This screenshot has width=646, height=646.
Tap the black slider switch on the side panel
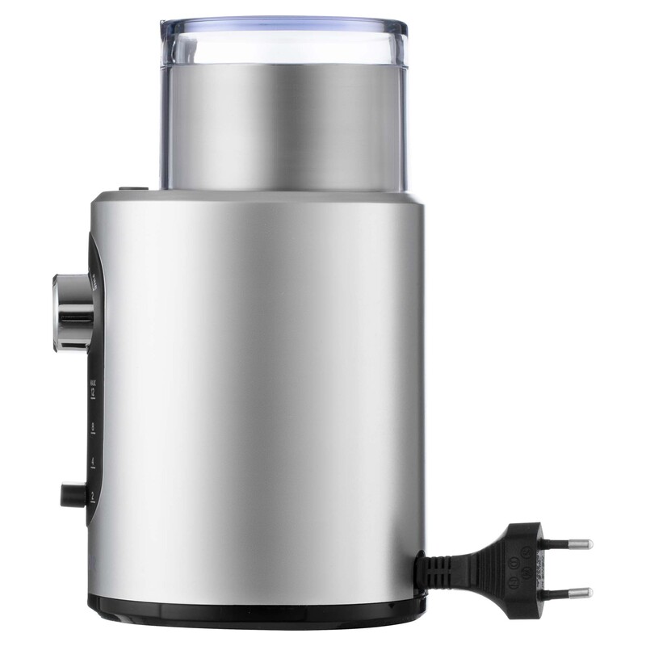70,493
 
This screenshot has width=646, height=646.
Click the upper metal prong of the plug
575,544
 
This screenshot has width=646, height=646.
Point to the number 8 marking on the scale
94,426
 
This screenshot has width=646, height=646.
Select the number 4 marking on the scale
94,460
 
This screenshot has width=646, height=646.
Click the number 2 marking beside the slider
94,494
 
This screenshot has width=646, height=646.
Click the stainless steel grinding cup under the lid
283,129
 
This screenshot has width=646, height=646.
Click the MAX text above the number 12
94,380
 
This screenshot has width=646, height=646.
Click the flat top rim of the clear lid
283,22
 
